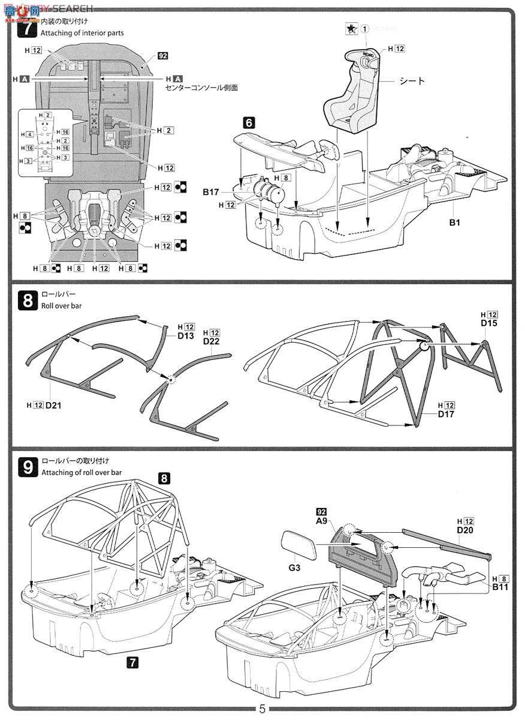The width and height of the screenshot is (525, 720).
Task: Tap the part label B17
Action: (211, 192)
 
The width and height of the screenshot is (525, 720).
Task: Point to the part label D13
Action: (186, 335)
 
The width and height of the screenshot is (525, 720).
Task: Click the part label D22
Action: (212, 341)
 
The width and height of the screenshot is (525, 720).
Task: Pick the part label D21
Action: (53, 406)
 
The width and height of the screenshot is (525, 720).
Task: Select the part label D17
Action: (446, 414)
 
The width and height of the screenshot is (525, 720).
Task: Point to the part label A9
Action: (321, 521)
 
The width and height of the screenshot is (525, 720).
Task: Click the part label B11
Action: (500, 586)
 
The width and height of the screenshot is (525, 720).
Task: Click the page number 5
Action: (262, 709)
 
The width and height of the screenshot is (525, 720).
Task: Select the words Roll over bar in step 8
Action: (62, 306)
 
